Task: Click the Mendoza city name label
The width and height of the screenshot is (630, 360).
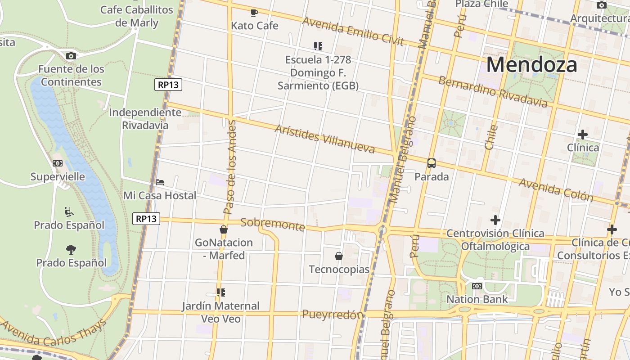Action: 531,64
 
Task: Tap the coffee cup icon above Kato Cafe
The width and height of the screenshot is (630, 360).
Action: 254,12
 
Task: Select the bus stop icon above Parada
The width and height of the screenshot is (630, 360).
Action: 432,163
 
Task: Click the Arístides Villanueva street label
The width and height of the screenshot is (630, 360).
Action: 324,139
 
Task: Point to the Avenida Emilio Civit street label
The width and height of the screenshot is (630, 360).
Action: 353,31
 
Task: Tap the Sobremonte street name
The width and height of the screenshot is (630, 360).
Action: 273,224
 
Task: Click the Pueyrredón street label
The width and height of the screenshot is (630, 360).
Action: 332,314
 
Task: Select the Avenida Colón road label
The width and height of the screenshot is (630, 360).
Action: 556,189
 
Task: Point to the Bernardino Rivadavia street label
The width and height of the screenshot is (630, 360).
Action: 493,92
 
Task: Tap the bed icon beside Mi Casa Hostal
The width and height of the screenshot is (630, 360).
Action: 160,182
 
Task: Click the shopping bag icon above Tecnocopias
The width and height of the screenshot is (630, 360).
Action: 339,256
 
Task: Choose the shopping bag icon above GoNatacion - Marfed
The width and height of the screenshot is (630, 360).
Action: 223,229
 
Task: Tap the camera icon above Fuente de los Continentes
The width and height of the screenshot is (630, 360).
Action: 71,56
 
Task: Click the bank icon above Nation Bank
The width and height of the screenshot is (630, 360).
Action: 477,286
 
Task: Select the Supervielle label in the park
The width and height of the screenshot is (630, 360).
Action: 58,176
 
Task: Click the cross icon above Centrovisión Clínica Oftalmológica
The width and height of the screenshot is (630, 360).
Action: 495,220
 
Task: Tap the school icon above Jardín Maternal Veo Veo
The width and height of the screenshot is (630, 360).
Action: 220,292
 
